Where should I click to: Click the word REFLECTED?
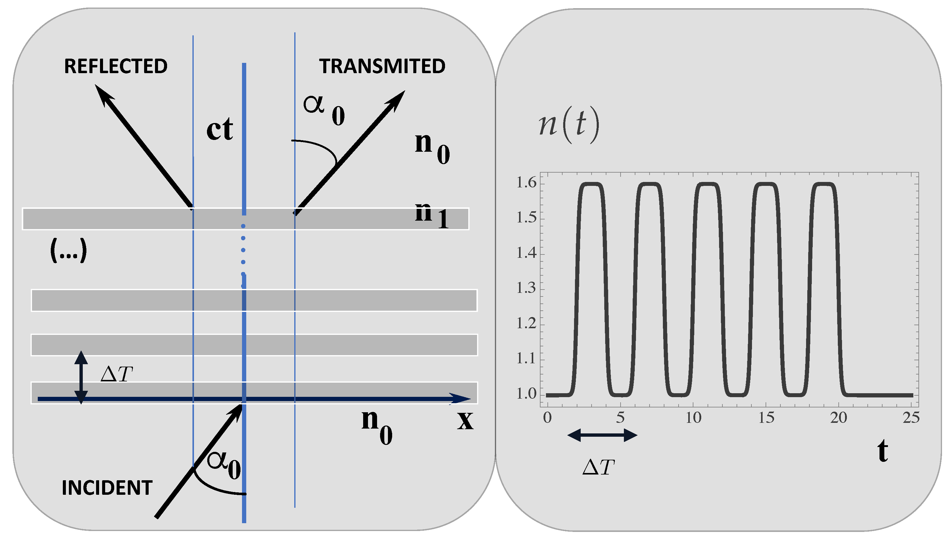(115, 66)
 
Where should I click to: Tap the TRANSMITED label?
(382, 66)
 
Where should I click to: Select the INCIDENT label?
(107, 488)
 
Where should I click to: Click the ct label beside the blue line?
(220, 130)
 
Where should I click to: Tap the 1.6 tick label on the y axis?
(527, 183)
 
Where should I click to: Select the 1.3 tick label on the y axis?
(527, 288)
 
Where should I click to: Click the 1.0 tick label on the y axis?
(527, 394)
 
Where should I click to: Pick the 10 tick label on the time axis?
(693, 418)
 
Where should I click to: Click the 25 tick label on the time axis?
(911, 418)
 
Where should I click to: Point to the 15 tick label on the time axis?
(766, 418)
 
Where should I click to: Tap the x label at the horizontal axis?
(465, 421)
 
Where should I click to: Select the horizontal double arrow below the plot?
(602, 435)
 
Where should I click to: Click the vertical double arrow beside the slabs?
(81, 377)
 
